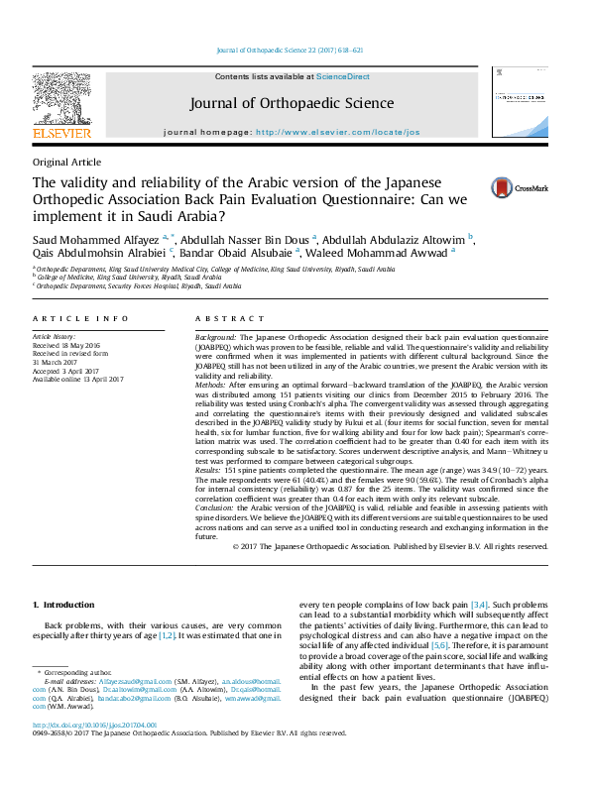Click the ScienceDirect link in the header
tap(343, 76)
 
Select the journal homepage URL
tap(366, 132)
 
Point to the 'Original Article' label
tap(66, 162)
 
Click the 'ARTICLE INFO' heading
tap(80, 318)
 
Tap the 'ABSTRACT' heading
tap(223, 318)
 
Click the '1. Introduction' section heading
tap(63, 605)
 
